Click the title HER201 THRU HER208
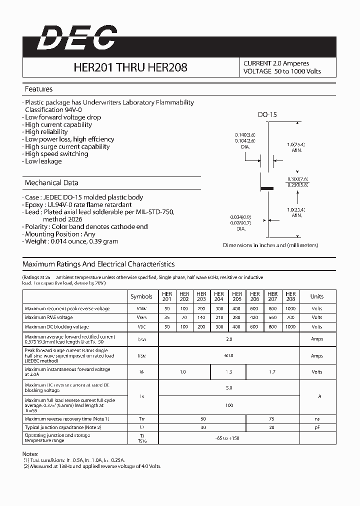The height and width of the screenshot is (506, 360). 130,67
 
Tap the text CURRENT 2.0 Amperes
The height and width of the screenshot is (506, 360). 276,63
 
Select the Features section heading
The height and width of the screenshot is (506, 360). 38,89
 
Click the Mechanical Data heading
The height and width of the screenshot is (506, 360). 51,182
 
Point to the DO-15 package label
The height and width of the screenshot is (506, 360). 267,114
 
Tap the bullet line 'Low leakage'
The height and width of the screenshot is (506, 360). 43,161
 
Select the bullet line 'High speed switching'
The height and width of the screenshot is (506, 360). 56,154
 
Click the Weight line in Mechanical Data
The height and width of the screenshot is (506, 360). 71,241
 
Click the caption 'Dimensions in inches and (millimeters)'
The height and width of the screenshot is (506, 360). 270,245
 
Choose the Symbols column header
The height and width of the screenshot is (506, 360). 141,296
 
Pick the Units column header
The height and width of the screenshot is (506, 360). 316,296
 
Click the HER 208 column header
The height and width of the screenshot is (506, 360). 290,296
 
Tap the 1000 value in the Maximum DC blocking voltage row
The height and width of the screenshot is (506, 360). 290,326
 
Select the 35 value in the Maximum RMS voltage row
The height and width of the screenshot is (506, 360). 167,317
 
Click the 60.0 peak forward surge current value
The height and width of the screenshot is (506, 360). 229,355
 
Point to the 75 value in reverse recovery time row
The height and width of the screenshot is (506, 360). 272,418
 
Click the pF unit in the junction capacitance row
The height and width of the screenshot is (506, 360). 316,427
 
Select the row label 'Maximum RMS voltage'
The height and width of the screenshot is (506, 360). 48,317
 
